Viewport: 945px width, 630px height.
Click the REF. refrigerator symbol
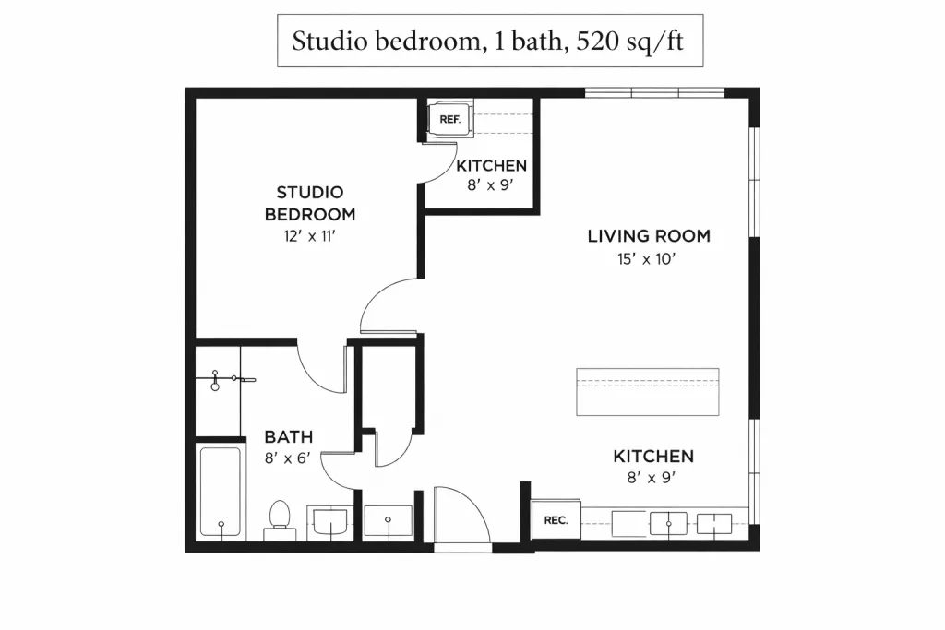[450, 119]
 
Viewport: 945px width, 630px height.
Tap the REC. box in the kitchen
[556, 520]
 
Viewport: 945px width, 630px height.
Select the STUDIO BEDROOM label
[310, 203]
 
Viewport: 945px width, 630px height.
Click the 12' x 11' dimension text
[309, 236]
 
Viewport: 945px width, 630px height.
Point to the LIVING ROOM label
[649, 235]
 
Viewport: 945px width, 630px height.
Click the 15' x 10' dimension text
[647, 259]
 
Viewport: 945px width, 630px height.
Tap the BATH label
[289, 436]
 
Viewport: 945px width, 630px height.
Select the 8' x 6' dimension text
[288, 458]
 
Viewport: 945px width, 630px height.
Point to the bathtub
[221, 492]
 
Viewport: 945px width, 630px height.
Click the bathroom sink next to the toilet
[329, 522]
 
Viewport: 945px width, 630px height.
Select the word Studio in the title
[329, 41]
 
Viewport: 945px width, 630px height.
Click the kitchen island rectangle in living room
[647, 392]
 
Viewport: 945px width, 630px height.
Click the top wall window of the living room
[654, 93]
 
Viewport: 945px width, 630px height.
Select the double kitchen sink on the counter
[690, 523]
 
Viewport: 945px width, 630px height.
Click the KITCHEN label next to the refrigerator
[491, 166]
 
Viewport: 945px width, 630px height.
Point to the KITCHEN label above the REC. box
[653, 456]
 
